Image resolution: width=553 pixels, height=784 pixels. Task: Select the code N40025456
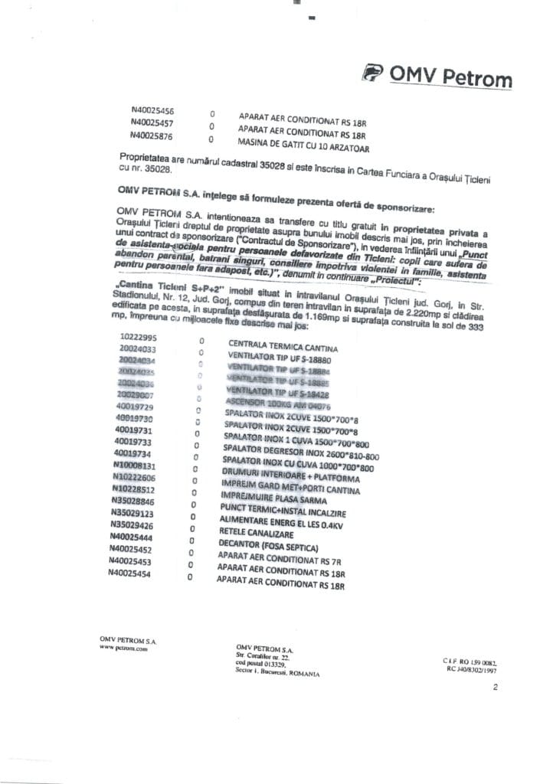pyautogui.click(x=152, y=110)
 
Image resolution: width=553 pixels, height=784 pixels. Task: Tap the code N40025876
pyautogui.click(x=152, y=135)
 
